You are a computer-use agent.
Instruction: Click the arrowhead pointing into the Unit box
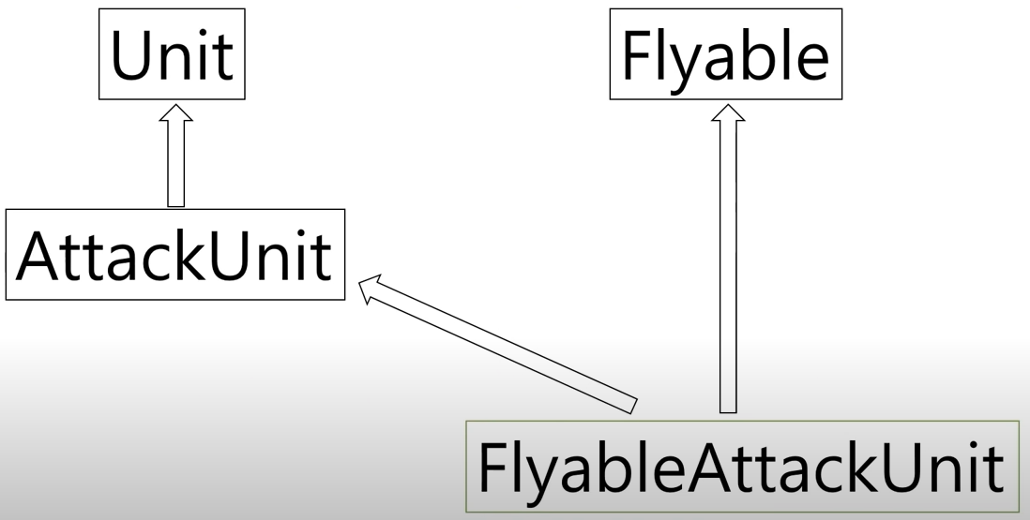[x=176, y=114]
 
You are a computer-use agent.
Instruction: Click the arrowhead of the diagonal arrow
[x=372, y=287]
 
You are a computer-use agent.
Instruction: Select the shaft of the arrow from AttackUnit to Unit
[x=176, y=164]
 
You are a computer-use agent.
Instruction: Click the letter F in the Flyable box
[x=636, y=55]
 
